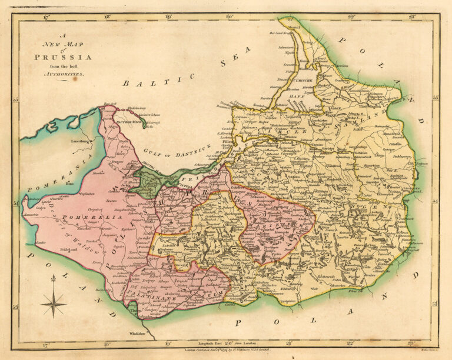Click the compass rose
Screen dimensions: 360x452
click(x=53, y=304)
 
